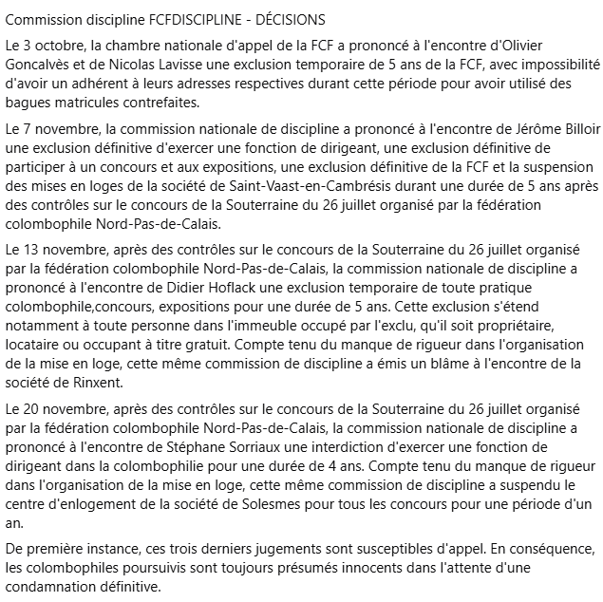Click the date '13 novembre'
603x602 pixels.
pos(57,250)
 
